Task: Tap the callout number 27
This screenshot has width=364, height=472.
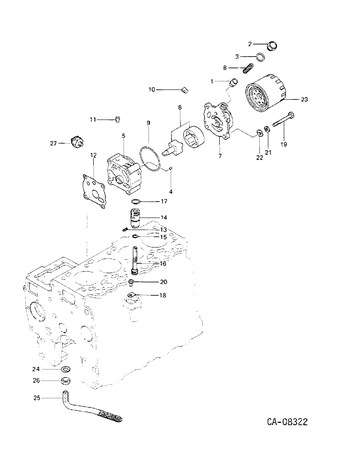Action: tap(54, 143)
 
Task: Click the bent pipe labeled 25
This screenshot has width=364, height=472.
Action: tap(90, 406)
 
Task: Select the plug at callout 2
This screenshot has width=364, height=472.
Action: tap(273, 46)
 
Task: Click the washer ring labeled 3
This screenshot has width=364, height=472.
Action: tap(259, 58)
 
